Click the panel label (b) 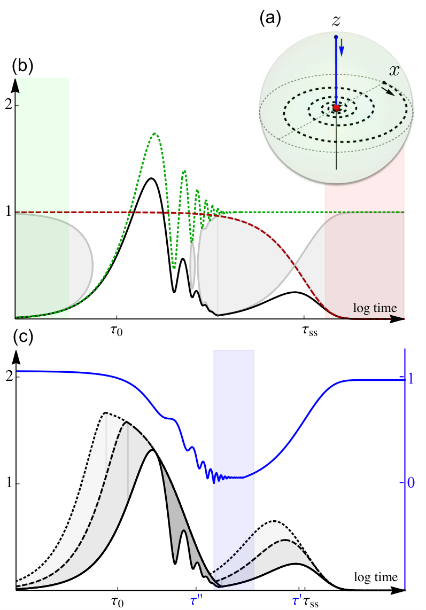[23, 66]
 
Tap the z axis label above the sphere [336, 21]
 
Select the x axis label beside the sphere [394, 71]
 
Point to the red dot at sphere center [336, 108]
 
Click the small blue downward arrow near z [342, 46]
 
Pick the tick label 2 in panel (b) [7, 106]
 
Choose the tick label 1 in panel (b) [7, 213]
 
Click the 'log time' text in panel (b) [375, 308]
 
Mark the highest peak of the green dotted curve [155, 134]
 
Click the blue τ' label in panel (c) [297, 601]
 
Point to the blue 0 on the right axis [410, 483]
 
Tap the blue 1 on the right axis [410, 379]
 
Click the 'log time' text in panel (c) [376, 577]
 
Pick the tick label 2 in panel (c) [7, 377]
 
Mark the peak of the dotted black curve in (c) [105, 412]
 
